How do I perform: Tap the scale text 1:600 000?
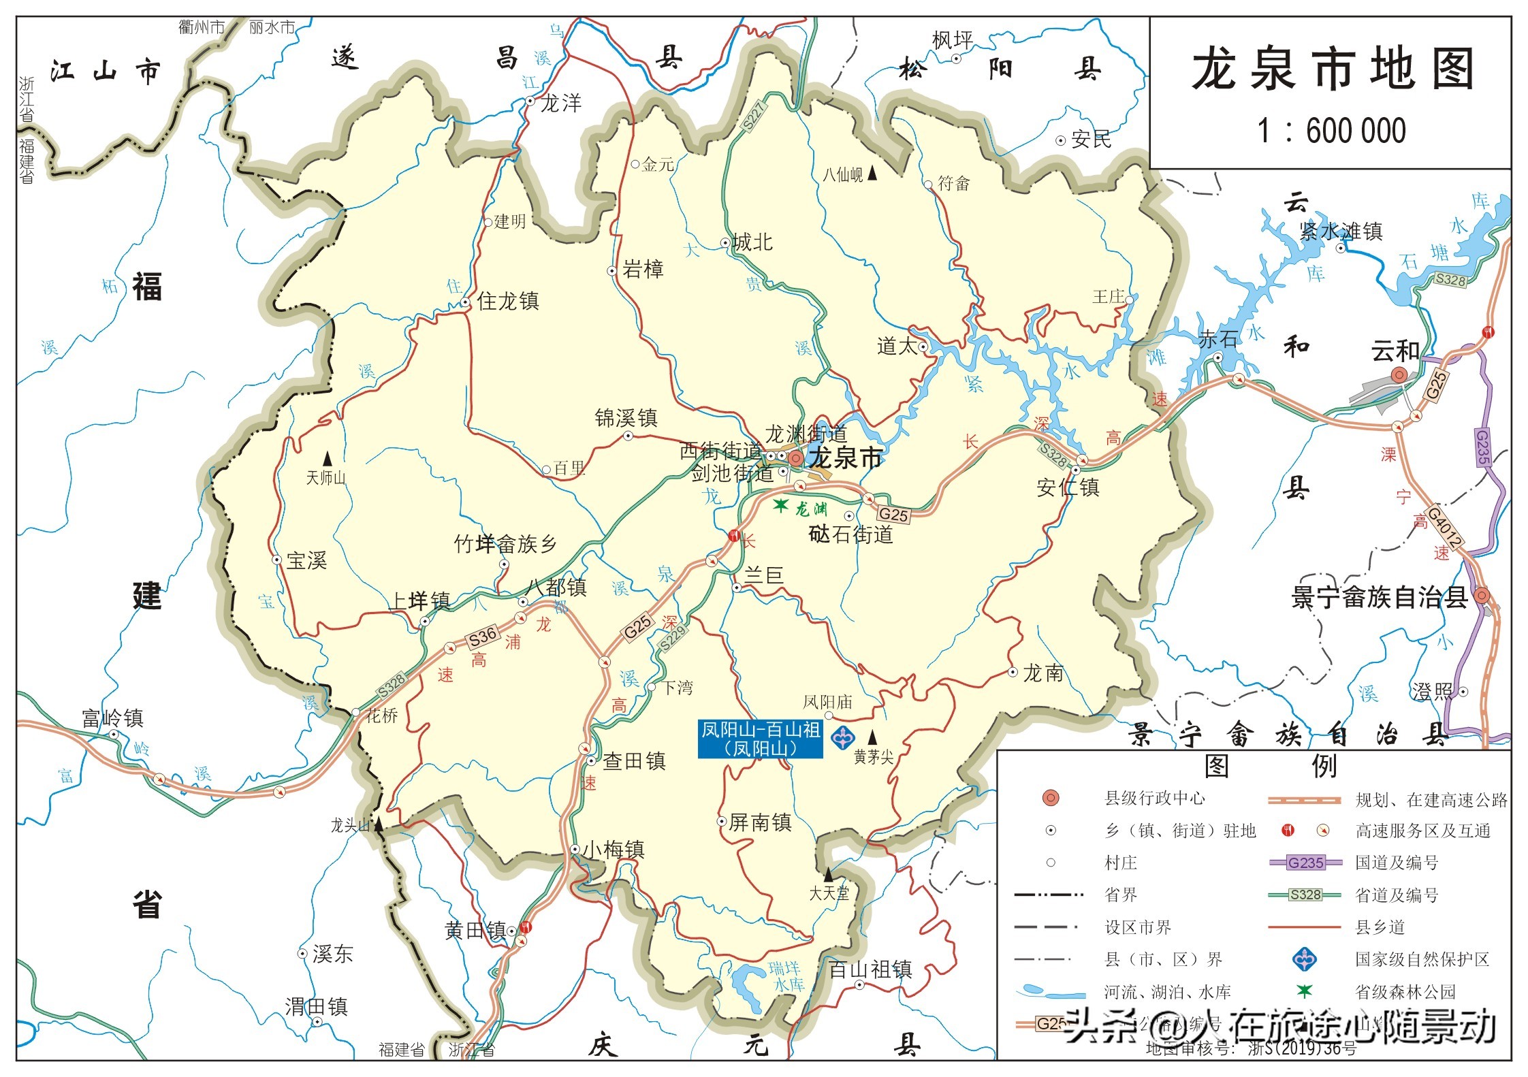coord(1331,131)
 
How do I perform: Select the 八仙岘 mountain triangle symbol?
coord(872,174)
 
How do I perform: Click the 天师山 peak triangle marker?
coord(328,459)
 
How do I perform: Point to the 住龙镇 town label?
coord(508,301)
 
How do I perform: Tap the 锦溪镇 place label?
coord(626,418)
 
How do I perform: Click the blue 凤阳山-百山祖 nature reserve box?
coord(760,739)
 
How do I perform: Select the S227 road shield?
coord(754,116)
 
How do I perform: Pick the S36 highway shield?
coord(482,637)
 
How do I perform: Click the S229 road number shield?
coord(673,639)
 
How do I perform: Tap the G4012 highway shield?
coord(1444,527)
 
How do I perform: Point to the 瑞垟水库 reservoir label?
coord(786,976)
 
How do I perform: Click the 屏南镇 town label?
coord(760,822)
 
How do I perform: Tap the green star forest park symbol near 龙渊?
coord(780,505)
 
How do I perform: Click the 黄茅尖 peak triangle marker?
coord(872,737)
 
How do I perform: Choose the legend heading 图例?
coord(1270,767)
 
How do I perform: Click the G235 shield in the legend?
coord(1305,863)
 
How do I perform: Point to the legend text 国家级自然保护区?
coord(1422,959)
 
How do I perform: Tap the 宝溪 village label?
coord(306,561)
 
